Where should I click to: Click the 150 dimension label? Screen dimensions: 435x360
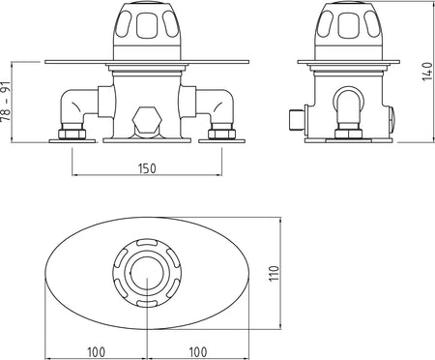tap(147, 168)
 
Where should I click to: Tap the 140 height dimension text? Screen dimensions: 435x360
tap(427, 72)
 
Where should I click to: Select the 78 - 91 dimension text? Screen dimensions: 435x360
tap(7, 101)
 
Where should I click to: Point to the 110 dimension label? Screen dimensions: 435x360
tap(274, 274)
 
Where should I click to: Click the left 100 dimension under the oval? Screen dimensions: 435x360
tap(96, 352)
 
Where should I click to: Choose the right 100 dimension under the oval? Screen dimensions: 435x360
tap(197, 352)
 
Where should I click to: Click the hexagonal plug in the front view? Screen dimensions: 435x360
tap(147, 120)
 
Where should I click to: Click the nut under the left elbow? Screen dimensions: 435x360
tap(72, 134)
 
